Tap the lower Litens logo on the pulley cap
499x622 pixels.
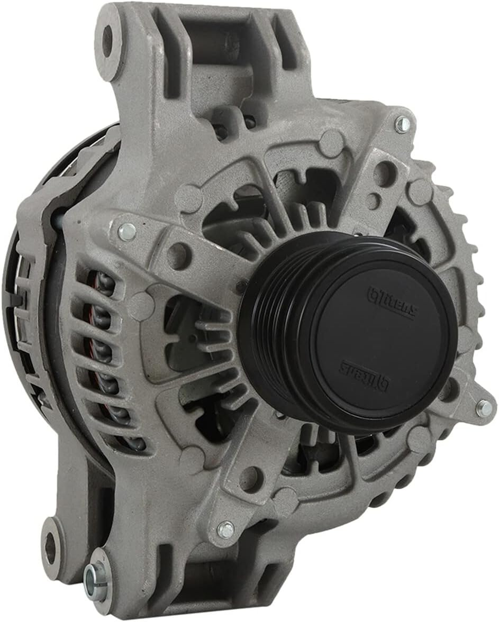pyautogui.click(x=365, y=374)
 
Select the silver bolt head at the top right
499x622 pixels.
pyautogui.click(x=403, y=124)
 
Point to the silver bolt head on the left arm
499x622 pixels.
pyautogui.click(x=127, y=231)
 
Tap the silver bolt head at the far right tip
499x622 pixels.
pyautogui.click(x=484, y=408)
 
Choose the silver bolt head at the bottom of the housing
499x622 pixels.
pyautogui.click(x=225, y=529)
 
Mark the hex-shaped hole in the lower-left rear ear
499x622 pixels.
pyautogui.click(x=51, y=548)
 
